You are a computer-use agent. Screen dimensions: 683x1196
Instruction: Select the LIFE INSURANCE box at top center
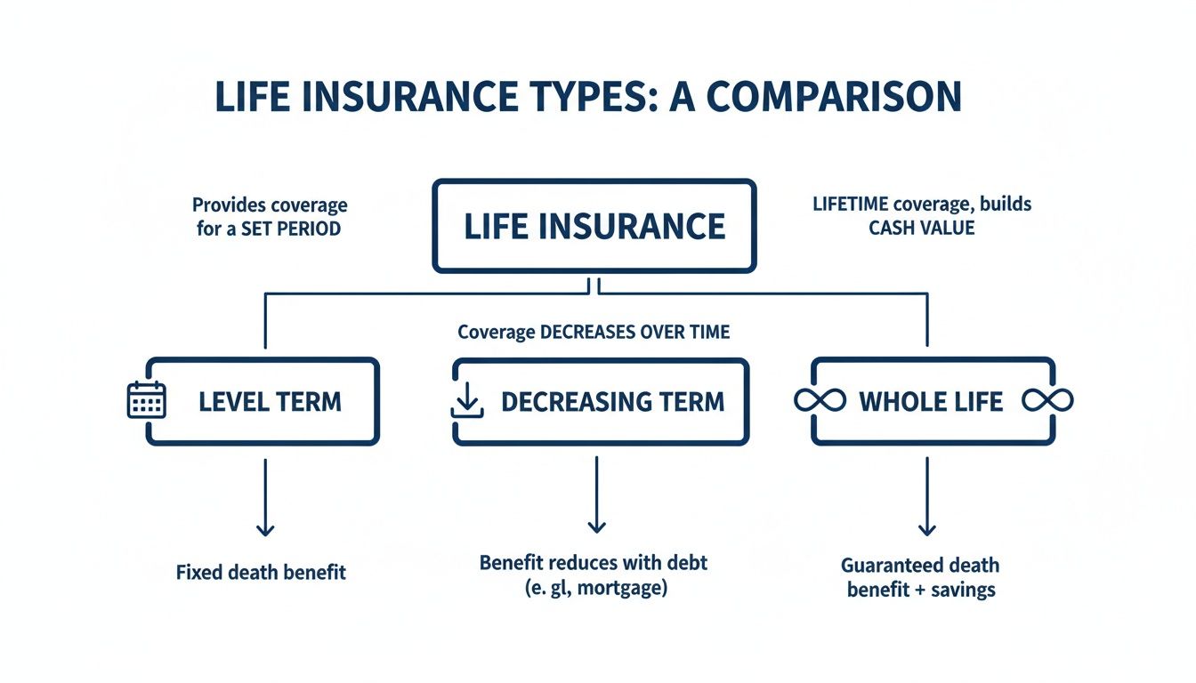(594, 226)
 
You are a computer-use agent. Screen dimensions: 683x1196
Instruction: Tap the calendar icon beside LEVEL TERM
(148, 400)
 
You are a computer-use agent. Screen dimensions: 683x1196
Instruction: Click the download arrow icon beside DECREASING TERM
(466, 402)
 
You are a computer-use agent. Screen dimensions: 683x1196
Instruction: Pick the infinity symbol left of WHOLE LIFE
(820, 401)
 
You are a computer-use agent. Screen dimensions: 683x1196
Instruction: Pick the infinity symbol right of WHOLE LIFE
(1047, 401)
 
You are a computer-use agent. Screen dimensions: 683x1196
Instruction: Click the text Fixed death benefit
(261, 572)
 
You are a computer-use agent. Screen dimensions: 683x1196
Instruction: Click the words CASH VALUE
(922, 228)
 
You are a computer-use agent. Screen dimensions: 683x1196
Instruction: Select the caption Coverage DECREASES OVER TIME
(594, 333)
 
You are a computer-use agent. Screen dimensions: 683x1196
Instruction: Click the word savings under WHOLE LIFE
(960, 589)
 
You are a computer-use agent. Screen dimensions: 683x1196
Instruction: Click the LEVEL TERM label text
(270, 401)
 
